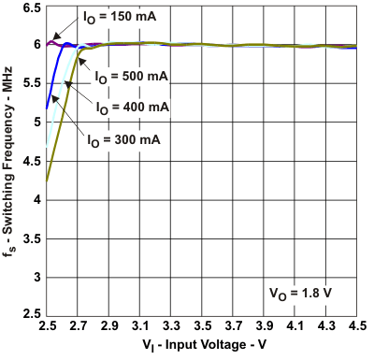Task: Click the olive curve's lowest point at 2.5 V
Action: coord(47,182)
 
